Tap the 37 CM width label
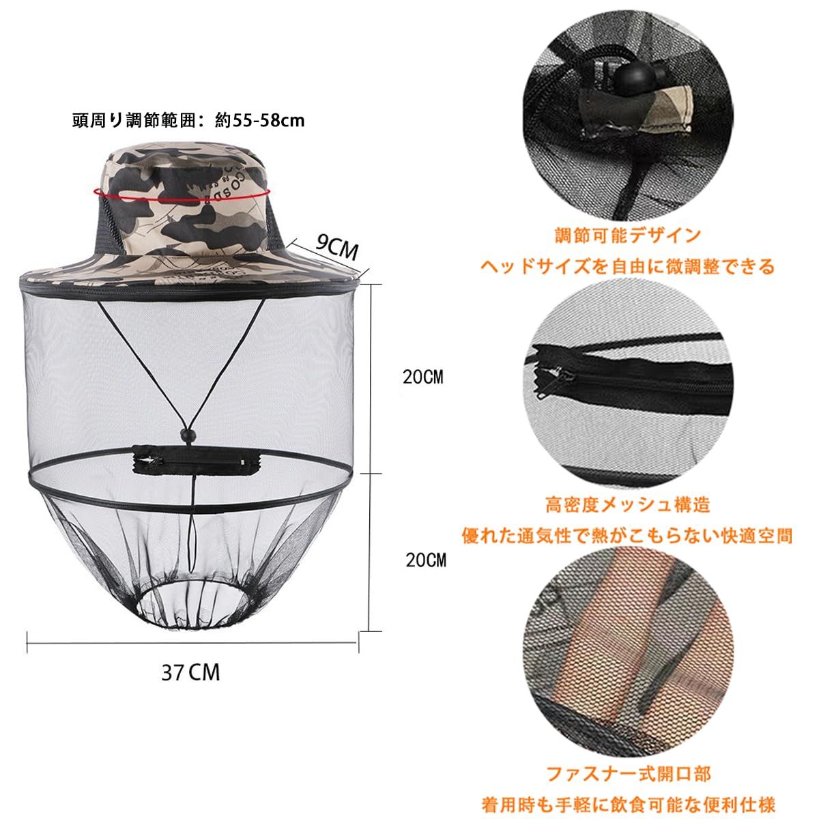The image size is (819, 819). coord(191,672)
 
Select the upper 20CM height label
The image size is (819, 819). coord(422,377)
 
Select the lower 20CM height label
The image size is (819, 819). coord(425,560)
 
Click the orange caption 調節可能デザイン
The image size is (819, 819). coord(628,236)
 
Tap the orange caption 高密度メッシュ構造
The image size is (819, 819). coord(628,504)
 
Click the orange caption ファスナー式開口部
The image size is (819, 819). coord(628,773)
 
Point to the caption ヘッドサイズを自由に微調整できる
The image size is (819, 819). coord(628,266)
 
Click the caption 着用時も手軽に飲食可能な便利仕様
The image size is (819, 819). coord(628,804)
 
